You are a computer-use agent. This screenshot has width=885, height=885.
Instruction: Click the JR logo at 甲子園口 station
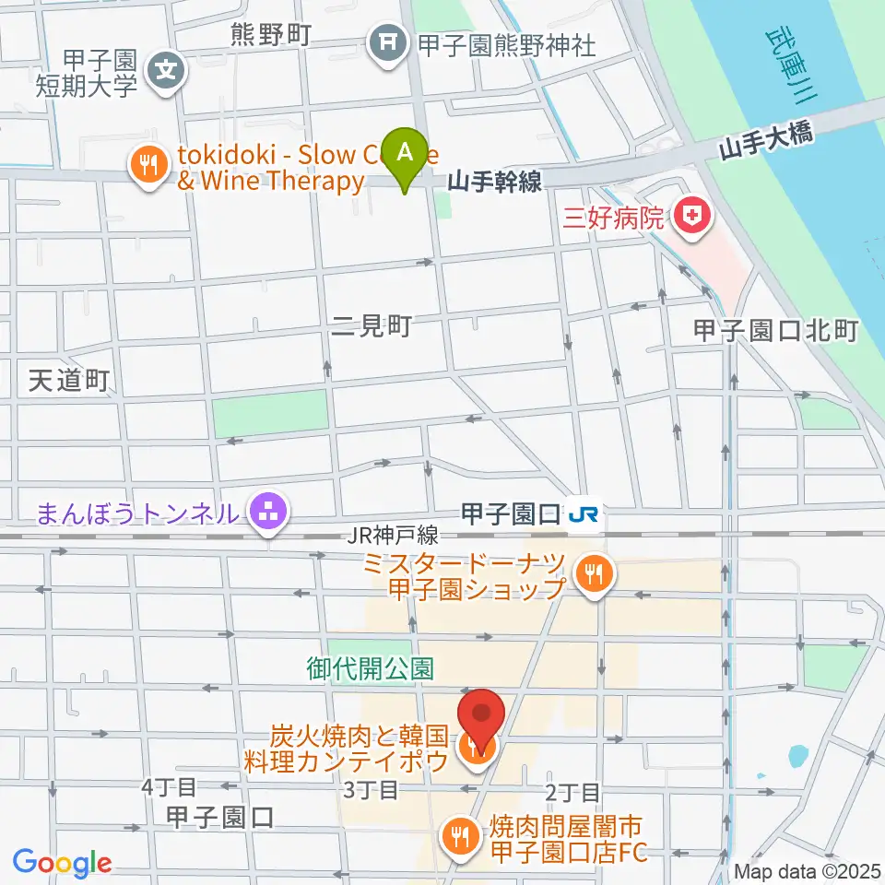pos(584,513)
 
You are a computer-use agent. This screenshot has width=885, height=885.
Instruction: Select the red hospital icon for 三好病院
pos(690,218)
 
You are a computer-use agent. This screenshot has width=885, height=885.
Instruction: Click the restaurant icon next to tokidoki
pos(147,166)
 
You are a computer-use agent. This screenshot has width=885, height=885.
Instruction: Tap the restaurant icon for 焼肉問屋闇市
pos(458,837)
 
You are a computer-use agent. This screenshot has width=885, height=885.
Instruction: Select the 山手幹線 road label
pos(494,182)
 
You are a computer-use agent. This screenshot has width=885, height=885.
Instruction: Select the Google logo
pos(62,863)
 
